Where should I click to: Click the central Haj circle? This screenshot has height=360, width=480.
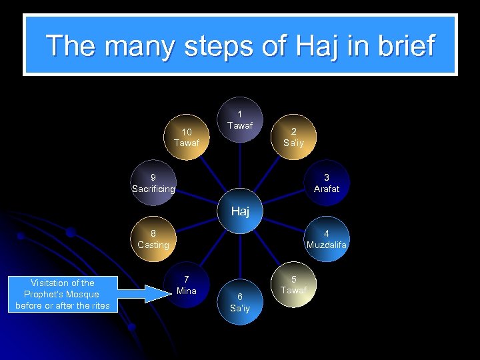point(240,212)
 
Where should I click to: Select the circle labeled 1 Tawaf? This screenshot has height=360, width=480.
point(240,121)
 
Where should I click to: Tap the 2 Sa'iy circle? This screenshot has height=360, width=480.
point(293,137)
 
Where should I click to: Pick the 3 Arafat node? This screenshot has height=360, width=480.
point(327,183)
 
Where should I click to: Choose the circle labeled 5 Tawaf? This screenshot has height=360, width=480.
point(293,285)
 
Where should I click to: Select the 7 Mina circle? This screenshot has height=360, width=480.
point(187,285)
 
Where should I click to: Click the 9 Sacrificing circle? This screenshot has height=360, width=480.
point(153,183)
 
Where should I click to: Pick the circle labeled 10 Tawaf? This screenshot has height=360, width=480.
point(187,137)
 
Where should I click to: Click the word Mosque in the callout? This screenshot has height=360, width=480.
point(83,294)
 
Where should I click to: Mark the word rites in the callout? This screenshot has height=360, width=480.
point(98,305)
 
